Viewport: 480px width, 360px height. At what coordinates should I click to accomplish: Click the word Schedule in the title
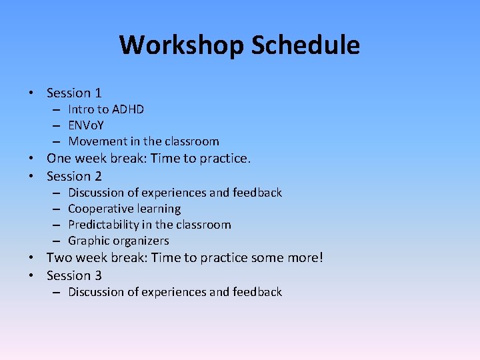click(305, 45)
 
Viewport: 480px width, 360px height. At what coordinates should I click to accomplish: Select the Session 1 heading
click(74, 93)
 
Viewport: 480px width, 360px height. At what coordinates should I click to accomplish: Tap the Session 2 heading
click(74, 177)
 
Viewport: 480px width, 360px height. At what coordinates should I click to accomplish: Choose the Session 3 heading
click(74, 275)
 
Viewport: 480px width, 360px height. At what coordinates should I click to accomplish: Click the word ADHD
click(128, 109)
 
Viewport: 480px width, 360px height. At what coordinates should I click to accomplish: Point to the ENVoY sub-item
click(86, 125)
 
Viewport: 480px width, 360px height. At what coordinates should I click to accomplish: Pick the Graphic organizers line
click(119, 241)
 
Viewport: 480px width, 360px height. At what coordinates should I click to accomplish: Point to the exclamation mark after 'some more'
click(320, 258)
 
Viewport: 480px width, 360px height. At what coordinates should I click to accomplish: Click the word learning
click(158, 209)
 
